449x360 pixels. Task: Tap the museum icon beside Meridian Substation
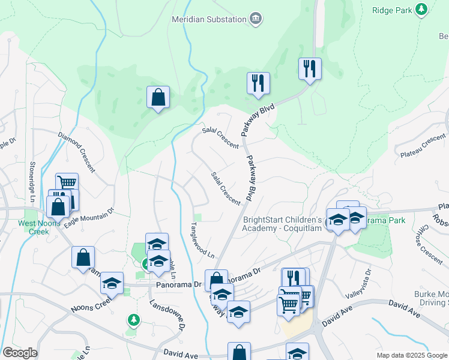(256, 19)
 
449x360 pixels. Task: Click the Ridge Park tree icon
(421, 9)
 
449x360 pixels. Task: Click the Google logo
(20, 353)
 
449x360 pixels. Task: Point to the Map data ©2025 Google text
(411, 355)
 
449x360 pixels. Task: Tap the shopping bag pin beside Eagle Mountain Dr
(59, 207)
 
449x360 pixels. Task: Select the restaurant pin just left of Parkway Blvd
(258, 83)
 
